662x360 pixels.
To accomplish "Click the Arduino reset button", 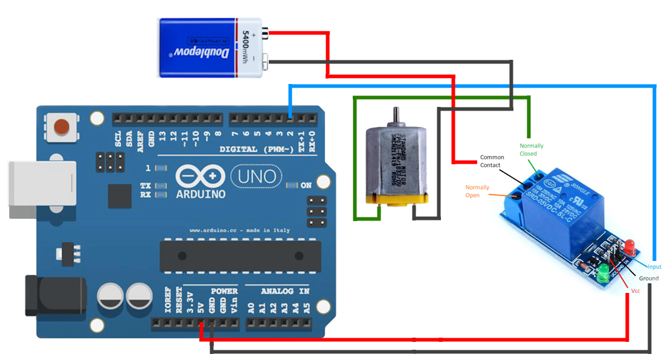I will click(x=61, y=127).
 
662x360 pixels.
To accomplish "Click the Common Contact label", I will click(x=491, y=161).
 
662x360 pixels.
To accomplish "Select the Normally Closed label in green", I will click(x=532, y=149).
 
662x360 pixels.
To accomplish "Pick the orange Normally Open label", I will click(x=477, y=191).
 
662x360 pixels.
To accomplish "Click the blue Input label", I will click(x=654, y=266).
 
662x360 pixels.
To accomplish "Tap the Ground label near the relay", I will click(x=649, y=278).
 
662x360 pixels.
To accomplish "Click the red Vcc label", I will click(x=635, y=291).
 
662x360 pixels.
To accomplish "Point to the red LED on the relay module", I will click(x=629, y=245).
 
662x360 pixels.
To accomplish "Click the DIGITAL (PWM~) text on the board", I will click(x=256, y=149).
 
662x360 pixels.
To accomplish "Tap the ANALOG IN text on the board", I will click(x=284, y=291).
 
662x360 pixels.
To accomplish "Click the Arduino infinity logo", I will click(x=201, y=176).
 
